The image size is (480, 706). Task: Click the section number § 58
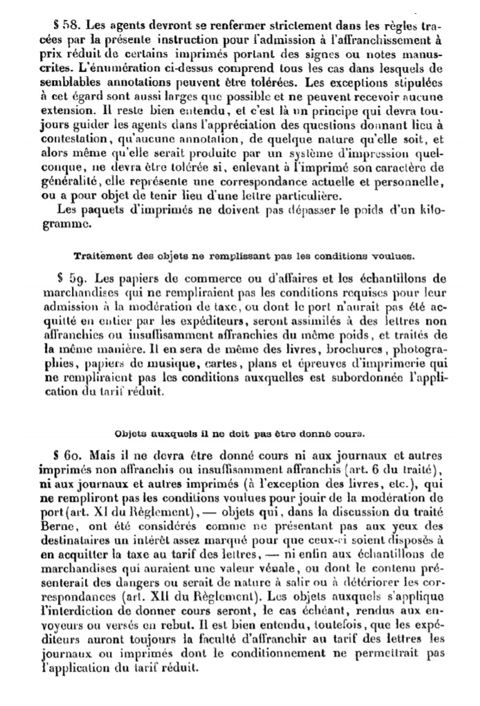click(x=42, y=22)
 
